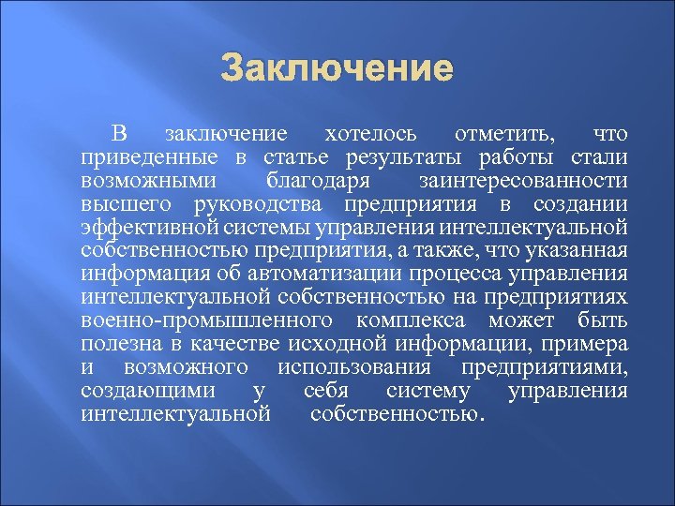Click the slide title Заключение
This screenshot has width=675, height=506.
click(x=337, y=68)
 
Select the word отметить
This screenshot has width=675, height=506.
click(x=504, y=134)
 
